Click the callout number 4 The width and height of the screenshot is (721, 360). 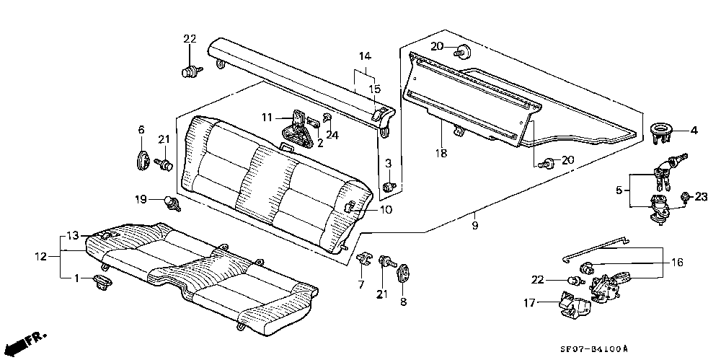pos(694,131)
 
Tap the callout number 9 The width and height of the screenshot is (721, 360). pos(474,226)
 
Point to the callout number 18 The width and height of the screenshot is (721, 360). pos(441,153)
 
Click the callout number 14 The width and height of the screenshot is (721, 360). pos(365,56)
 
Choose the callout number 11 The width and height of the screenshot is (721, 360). pos(267,118)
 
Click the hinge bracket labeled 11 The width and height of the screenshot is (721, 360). pos(297,128)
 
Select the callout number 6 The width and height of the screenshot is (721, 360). pos(141,130)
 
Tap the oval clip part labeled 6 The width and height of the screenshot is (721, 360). pos(143,159)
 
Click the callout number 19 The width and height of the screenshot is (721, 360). pos(141,199)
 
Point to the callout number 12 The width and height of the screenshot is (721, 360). pos(41,257)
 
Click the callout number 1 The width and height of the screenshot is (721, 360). pos(77,278)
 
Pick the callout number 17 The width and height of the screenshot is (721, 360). pos(529,303)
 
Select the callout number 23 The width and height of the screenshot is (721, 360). pos(701,197)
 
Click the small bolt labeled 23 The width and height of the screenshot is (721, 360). pos(686,197)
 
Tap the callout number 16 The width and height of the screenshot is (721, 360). pos(677,263)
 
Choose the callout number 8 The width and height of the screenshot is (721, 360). pos(403,302)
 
